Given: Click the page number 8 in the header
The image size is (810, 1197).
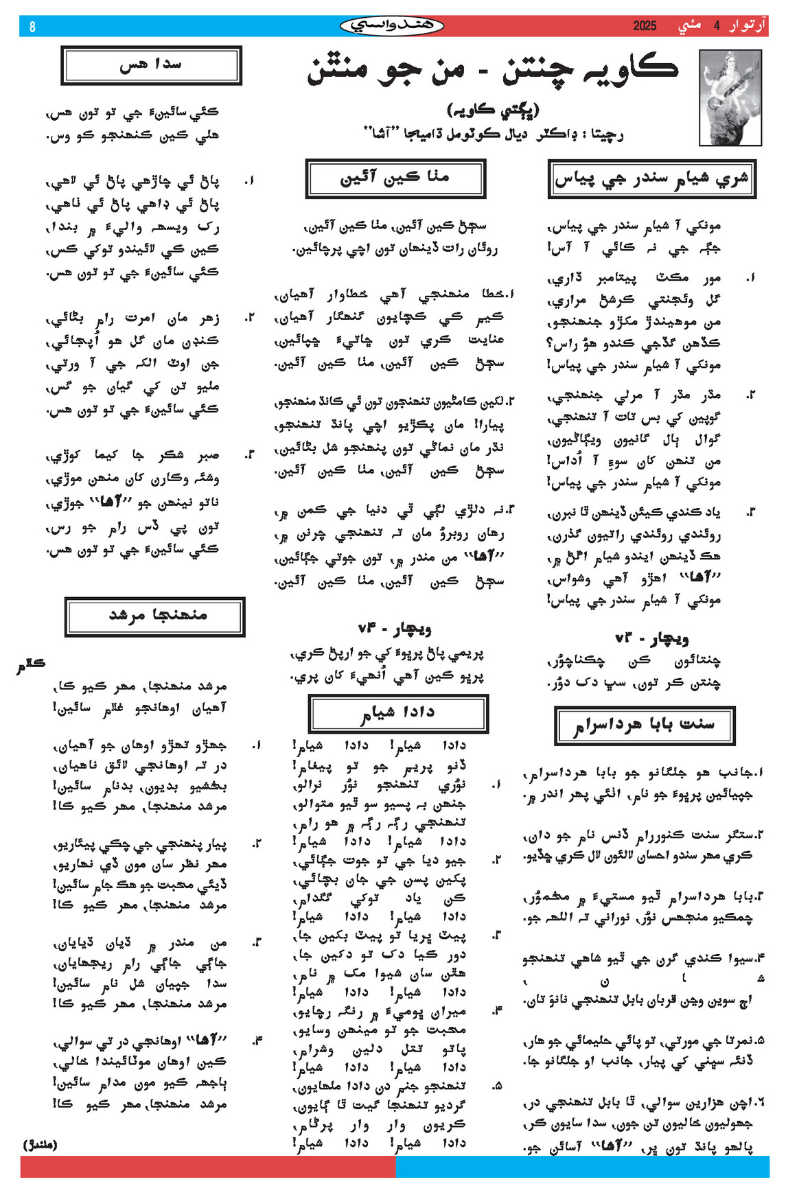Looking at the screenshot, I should pyautogui.click(x=32, y=27).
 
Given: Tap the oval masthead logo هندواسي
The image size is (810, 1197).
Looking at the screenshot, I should pyautogui.click(x=391, y=26).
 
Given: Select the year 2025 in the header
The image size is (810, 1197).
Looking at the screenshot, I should pyautogui.click(x=645, y=26).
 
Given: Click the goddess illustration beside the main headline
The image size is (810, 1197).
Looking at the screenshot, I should pyautogui.click(x=730, y=97).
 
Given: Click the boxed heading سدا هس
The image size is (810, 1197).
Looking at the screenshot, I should pyautogui.click(x=151, y=65).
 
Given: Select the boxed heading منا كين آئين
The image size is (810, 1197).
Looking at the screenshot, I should pyautogui.click(x=395, y=178).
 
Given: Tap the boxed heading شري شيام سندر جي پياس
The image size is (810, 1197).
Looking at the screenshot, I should pyautogui.click(x=651, y=179).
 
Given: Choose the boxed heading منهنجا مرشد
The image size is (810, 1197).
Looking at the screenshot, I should pyautogui.click(x=155, y=616).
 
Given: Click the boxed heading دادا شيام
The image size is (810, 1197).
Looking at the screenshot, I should pyautogui.click(x=398, y=714).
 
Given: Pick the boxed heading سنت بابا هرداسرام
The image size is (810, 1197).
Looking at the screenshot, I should pyautogui.click(x=644, y=725).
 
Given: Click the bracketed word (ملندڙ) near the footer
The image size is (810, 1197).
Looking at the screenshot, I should pyautogui.click(x=40, y=1145).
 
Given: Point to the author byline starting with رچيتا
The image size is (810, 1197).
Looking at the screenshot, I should pyautogui.click(x=493, y=134).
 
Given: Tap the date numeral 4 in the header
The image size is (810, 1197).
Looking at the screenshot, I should pyautogui.click(x=717, y=26).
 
